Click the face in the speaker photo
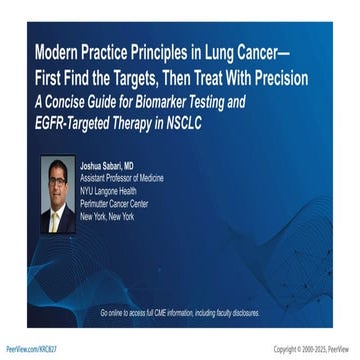click(x=59, y=176)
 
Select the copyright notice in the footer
click(x=313, y=349)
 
